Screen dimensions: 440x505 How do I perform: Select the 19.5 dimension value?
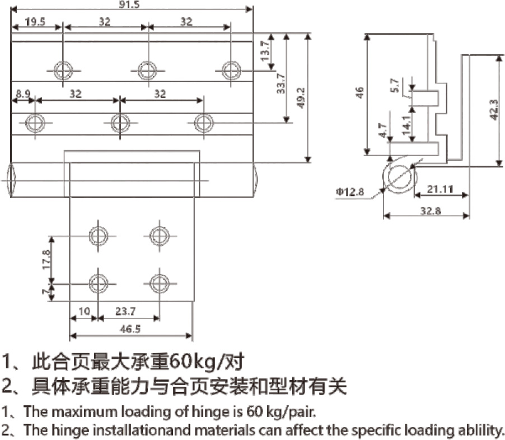click(x=36, y=22)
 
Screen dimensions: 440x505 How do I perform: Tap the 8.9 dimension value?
click(x=24, y=94)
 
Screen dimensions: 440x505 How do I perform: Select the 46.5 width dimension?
click(x=130, y=330)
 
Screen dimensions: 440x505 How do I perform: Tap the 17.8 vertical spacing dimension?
click(x=46, y=259)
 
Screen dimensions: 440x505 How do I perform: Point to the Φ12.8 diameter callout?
click(x=350, y=193)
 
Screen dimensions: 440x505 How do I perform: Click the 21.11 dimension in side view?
click(x=439, y=189)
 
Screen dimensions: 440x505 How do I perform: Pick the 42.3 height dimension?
click(x=493, y=110)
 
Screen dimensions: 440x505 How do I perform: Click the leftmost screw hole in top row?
click(x=63, y=70)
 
